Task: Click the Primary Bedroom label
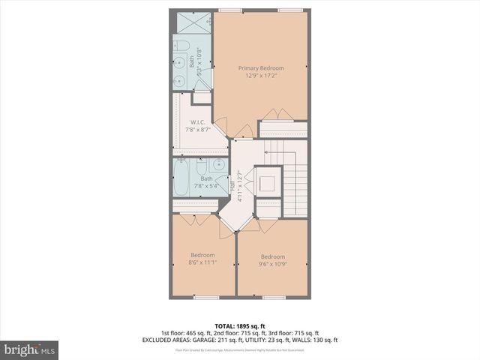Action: [261, 67]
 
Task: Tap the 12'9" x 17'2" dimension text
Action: [261, 76]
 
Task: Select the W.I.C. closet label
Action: [198, 122]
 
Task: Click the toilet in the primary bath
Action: [181, 48]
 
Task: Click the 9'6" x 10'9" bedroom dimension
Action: [272, 263]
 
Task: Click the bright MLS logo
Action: [30, 349]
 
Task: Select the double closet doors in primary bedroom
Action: [277, 115]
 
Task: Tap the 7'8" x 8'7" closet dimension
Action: [198, 130]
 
